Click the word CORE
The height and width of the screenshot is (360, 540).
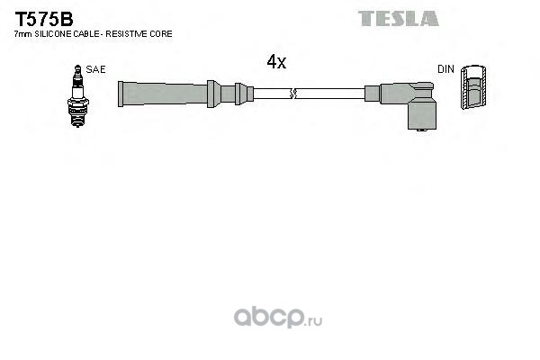coord(163,33)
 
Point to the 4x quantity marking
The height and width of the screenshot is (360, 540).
coord(275,62)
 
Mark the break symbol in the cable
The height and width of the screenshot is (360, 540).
coord(292,92)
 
